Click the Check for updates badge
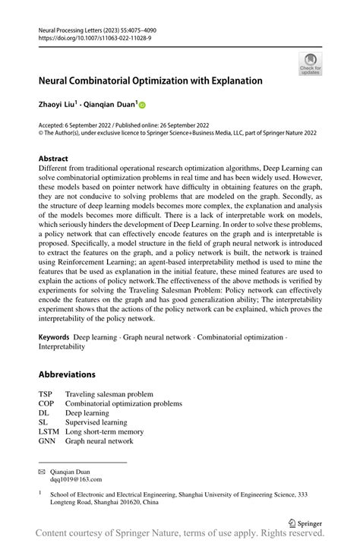point(311,64)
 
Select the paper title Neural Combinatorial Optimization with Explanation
point(150,80)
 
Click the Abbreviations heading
point(67,374)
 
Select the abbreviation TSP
point(46,394)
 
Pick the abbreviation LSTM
point(49,431)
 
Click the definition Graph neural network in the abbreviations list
point(99,440)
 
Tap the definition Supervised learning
point(96,422)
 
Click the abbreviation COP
point(47,403)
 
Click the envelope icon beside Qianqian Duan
point(43,471)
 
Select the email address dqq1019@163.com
point(76,480)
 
